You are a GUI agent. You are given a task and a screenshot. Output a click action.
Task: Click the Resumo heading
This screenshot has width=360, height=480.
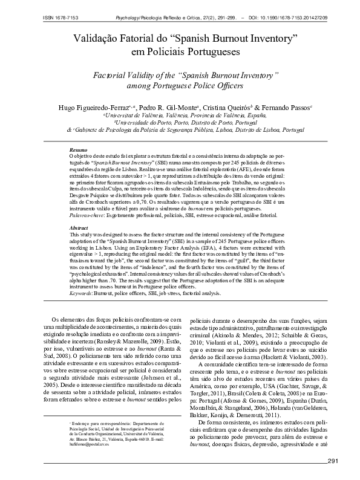[x=79, y=149]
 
